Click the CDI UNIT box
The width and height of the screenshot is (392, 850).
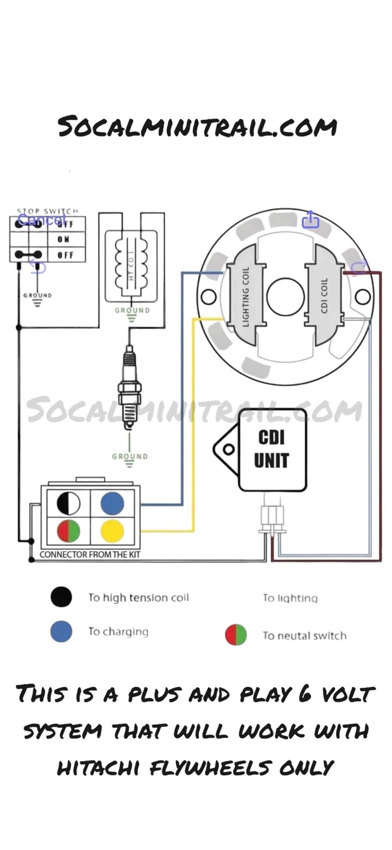[x=272, y=450]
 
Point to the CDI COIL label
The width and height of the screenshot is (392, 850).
[x=324, y=295]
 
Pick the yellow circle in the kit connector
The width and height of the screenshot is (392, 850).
[x=112, y=531]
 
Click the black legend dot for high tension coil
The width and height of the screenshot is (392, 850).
[x=61, y=597]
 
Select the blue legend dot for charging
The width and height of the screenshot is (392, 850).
[x=61, y=631]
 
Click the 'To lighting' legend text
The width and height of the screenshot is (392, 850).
[x=290, y=598]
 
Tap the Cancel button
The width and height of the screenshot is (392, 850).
[x=41, y=220]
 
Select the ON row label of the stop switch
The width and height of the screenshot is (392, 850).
[x=64, y=239]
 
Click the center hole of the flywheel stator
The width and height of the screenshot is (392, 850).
[x=285, y=296]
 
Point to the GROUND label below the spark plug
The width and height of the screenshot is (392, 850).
[x=130, y=456]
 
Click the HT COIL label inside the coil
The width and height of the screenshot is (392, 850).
[x=131, y=272]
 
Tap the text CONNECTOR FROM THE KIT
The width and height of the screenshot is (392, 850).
[x=90, y=554]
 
